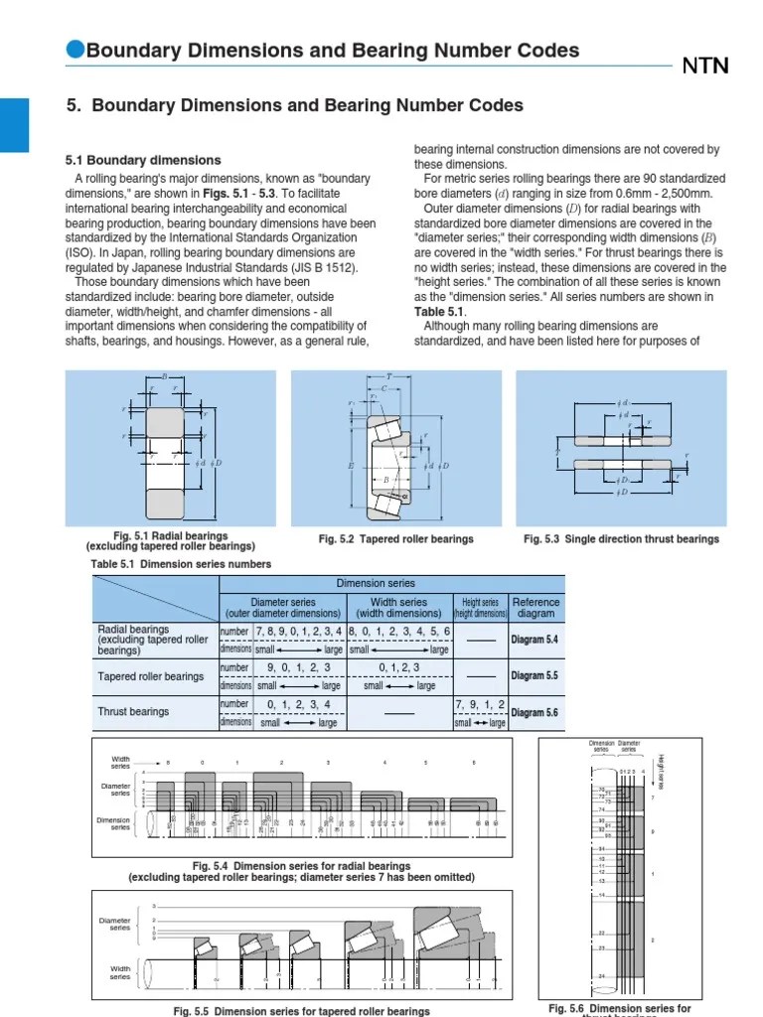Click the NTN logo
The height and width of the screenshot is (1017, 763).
[x=704, y=67]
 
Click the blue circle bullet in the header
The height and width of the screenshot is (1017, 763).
[x=76, y=50]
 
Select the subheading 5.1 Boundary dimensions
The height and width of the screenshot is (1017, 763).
[x=143, y=160]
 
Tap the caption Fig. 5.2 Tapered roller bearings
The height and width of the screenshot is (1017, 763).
[x=395, y=539]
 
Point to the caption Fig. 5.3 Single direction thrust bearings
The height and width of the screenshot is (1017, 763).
[x=621, y=539]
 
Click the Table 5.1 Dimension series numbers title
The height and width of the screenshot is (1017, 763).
[x=167, y=564]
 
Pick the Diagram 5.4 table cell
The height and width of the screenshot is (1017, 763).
[x=535, y=640]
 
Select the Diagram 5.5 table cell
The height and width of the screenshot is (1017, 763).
[x=535, y=676]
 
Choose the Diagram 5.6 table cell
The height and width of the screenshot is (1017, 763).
[x=535, y=713]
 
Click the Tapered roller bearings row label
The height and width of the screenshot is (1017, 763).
[x=151, y=676]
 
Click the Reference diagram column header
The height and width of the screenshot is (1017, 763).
[x=535, y=608]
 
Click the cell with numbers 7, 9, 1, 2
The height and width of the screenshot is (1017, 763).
[x=481, y=704]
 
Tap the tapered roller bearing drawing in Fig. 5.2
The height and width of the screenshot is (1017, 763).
[x=393, y=447]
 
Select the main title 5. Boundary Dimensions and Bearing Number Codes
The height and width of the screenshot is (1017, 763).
[x=293, y=105]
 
